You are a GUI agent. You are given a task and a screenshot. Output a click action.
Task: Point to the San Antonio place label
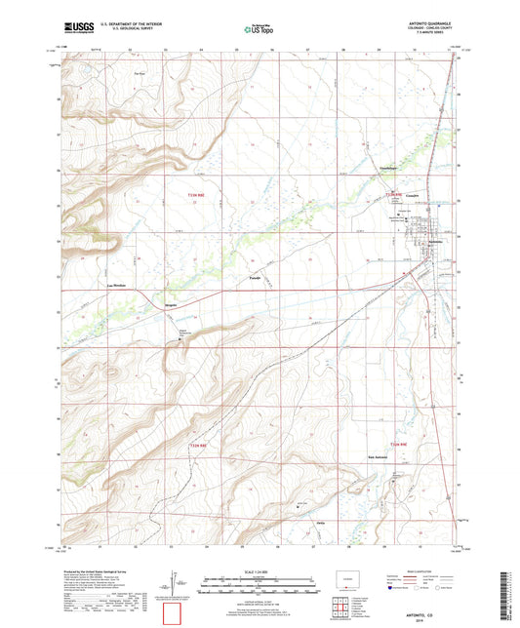(x=380, y=456)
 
